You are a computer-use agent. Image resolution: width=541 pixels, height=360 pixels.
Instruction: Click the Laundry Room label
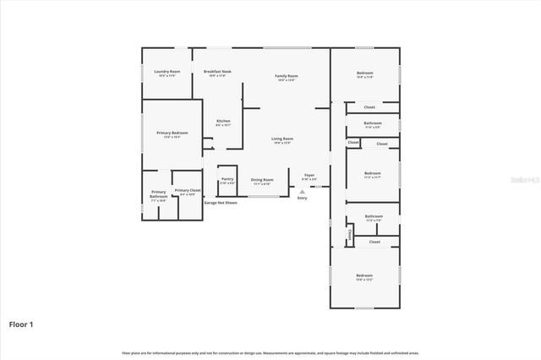[167, 71]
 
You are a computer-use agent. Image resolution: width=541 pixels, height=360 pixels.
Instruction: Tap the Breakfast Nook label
[218, 71]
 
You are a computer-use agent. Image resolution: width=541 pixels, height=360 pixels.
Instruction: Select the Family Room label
[287, 76]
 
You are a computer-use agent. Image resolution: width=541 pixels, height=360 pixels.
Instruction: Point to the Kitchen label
[223, 121]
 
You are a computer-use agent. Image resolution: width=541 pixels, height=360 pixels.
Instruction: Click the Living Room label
[282, 139]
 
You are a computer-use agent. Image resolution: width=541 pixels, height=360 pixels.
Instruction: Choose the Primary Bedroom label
[172, 133]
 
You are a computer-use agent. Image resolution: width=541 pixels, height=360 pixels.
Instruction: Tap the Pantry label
[227, 178]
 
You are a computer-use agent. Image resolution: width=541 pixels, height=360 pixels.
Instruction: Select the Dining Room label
[262, 179]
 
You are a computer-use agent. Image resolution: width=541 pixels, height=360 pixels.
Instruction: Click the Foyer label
[309, 175]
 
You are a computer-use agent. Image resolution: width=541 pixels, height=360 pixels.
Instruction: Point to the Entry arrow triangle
[302, 191]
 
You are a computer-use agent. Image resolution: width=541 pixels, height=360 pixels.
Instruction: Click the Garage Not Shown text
[221, 203]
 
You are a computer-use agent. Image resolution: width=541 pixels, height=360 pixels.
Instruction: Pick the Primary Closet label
[188, 191]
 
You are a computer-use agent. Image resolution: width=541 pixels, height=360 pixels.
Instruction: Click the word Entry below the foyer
[302, 198]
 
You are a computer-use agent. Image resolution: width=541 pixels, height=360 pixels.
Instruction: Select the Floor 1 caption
[22, 323]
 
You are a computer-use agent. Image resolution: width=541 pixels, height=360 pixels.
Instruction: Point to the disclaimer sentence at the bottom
[270, 352]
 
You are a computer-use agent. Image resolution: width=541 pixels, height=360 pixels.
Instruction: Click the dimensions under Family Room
[287, 80]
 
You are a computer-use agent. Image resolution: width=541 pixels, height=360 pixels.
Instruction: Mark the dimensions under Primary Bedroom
[172, 137]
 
